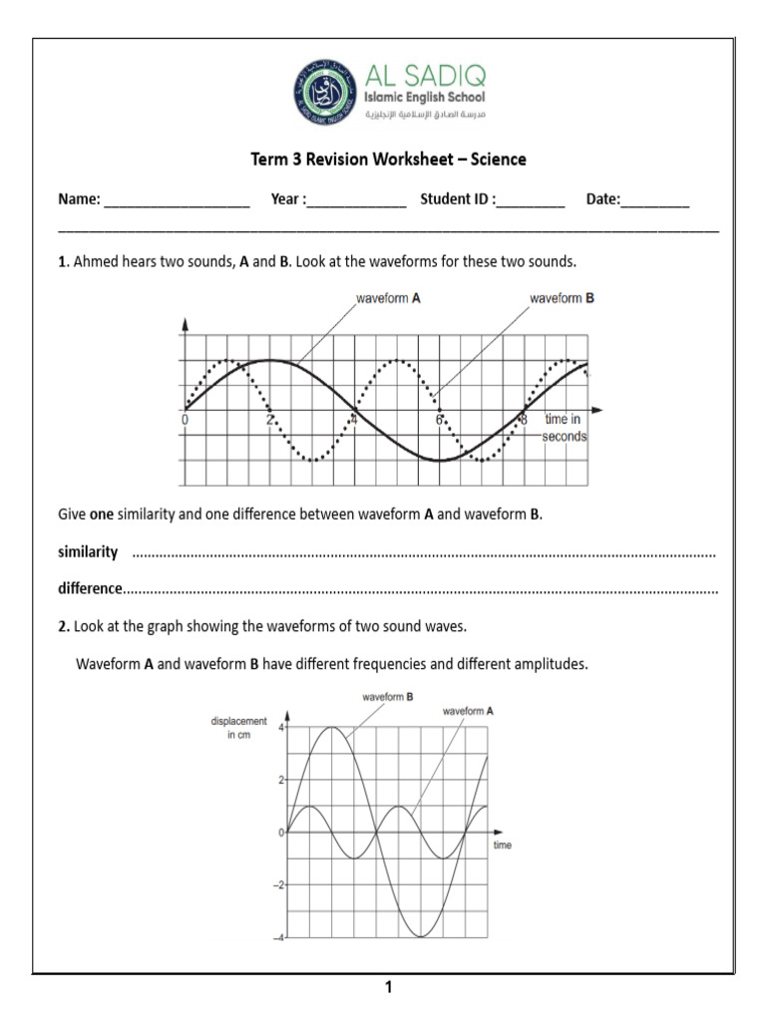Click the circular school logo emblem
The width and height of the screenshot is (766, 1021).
321,92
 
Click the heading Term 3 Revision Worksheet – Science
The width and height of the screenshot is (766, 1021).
386,160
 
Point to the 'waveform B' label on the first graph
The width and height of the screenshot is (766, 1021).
562,298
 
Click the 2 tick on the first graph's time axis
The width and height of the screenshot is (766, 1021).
269,421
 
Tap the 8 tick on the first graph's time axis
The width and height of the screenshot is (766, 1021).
524,421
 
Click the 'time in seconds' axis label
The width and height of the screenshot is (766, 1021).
564,428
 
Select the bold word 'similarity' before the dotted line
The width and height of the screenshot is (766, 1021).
88,551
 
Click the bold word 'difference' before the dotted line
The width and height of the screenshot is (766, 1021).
90,588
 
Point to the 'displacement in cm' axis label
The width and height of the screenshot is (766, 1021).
239,727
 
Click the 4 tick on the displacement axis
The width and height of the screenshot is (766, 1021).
281,728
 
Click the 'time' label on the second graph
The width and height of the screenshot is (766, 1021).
503,845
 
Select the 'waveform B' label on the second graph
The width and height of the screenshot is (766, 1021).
383,698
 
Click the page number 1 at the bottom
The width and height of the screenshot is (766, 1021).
389,988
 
